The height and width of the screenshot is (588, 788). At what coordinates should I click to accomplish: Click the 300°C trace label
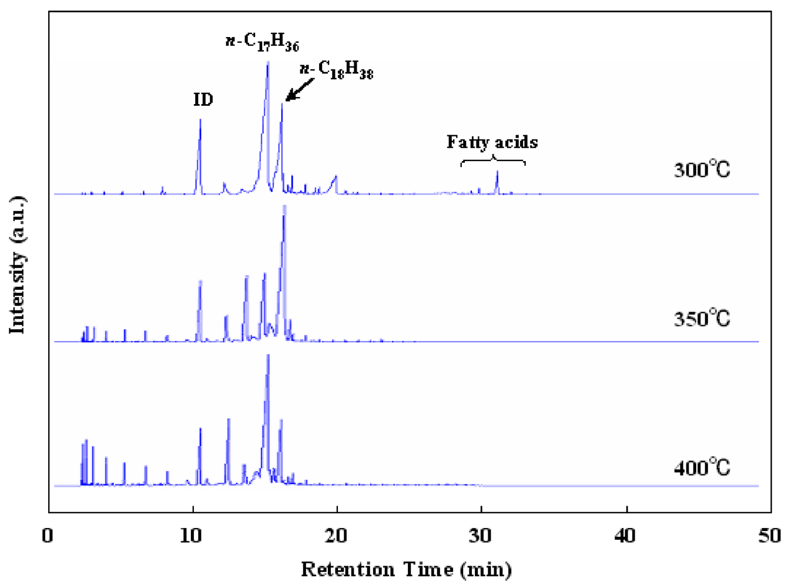click(x=702, y=170)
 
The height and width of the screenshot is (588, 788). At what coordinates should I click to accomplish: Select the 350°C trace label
click(x=702, y=319)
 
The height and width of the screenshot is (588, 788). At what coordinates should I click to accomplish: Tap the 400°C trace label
click(x=702, y=468)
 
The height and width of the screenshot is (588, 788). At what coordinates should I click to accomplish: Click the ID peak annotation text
click(x=203, y=100)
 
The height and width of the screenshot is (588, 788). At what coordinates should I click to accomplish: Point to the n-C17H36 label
click(x=263, y=42)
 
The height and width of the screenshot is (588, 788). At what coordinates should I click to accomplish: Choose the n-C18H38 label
click(x=336, y=71)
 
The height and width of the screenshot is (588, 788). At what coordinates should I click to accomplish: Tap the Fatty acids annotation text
click(x=492, y=142)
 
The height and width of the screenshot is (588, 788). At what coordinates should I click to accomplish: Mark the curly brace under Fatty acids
click(x=492, y=160)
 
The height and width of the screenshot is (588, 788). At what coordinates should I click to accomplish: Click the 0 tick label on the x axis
click(x=48, y=536)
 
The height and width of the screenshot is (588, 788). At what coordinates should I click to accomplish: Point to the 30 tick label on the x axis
click(x=481, y=536)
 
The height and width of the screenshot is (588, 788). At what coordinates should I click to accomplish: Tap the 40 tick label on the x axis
click(x=626, y=536)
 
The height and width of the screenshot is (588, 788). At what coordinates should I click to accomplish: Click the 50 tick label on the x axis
click(x=770, y=536)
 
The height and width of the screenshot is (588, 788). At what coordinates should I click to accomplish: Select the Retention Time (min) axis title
click(x=407, y=569)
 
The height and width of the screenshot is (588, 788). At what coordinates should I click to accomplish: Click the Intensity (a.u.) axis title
click(x=18, y=265)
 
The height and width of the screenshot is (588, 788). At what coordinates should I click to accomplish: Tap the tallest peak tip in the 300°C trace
click(x=268, y=62)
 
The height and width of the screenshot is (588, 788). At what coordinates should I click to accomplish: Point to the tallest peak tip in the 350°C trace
click(x=284, y=207)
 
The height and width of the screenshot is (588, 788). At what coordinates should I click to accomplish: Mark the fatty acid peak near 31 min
click(x=497, y=172)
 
